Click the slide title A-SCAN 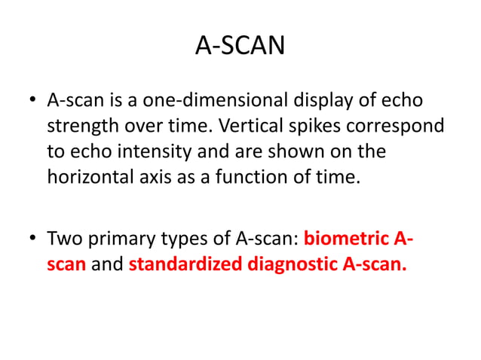coord(240,47)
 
